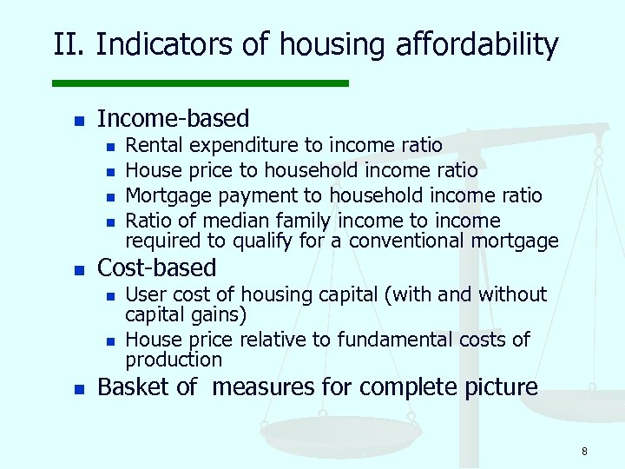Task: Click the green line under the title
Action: click(x=200, y=83)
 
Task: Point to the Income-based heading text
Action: click(x=174, y=118)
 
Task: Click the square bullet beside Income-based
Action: click(x=78, y=120)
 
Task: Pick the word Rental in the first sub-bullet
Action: click(x=155, y=144)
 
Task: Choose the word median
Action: click(x=240, y=220)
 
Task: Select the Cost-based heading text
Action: click(x=157, y=268)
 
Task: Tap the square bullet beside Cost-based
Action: click(x=78, y=269)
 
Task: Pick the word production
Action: click(x=174, y=359)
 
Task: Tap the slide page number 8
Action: click(x=584, y=451)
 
